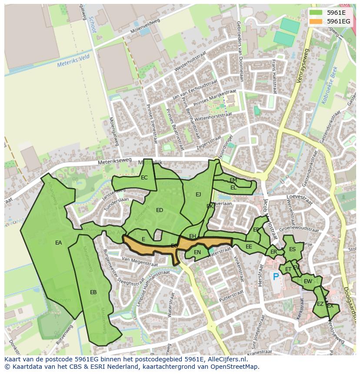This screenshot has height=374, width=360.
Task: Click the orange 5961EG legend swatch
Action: (x=316, y=21)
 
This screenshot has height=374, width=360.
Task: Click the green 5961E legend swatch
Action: (x=316, y=12)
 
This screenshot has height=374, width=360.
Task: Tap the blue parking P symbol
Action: (x=276, y=276)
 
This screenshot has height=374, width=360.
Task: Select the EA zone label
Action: (x=58, y=243)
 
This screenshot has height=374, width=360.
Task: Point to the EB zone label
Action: (x=93, y=292)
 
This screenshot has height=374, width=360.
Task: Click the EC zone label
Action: (x=144, y=178)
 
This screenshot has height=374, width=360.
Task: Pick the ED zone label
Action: (x=160, y=210)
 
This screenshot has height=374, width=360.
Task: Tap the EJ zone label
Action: (x=198, y=195)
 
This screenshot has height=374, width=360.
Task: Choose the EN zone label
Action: (x=197, y=252)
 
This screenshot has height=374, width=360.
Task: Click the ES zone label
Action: (x=292, y=249)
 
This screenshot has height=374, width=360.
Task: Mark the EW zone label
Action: (x=308, y=281)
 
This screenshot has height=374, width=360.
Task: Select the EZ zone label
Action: (x=320, y=304)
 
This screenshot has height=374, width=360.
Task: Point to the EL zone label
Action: (x=233, y=188)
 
